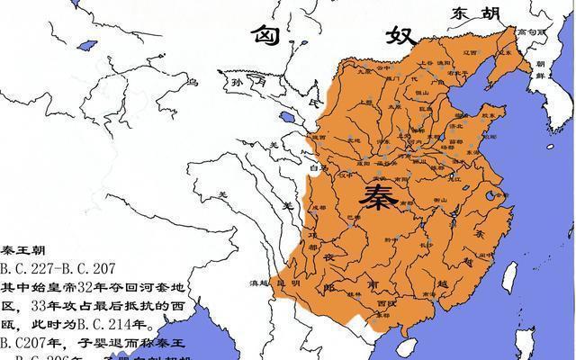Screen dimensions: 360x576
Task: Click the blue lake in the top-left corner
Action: [x=87, y=44]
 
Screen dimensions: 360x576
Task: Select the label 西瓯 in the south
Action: [x=386, y=304]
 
